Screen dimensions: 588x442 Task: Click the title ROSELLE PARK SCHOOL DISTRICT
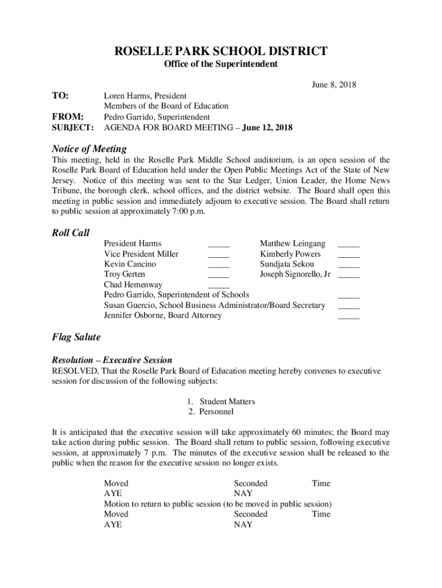pyautogui.click(x=221, y=51)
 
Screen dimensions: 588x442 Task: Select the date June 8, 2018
pyautogui.click(x=334, y=85)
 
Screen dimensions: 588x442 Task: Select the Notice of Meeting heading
pyautogui.click(x=89, y=149)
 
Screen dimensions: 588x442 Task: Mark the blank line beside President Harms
pyautogui.click(x=218, y=246)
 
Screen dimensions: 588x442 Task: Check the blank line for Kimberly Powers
pyautogui.click(x=348, y=257)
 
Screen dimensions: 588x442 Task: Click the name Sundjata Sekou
pyautogui.click(x=287, y=264)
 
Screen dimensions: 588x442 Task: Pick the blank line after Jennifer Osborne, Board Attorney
pyautogui.click(x=348, y=318)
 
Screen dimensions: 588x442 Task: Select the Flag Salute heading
pyautogui.click(x=76, y=337)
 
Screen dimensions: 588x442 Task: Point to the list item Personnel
pyautogui.click(x=216, y=412)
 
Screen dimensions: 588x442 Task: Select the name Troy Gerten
pyautogui.click(x=125, y=274)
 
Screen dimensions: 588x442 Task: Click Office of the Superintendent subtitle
pyautogui.click(x=221, y=64)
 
